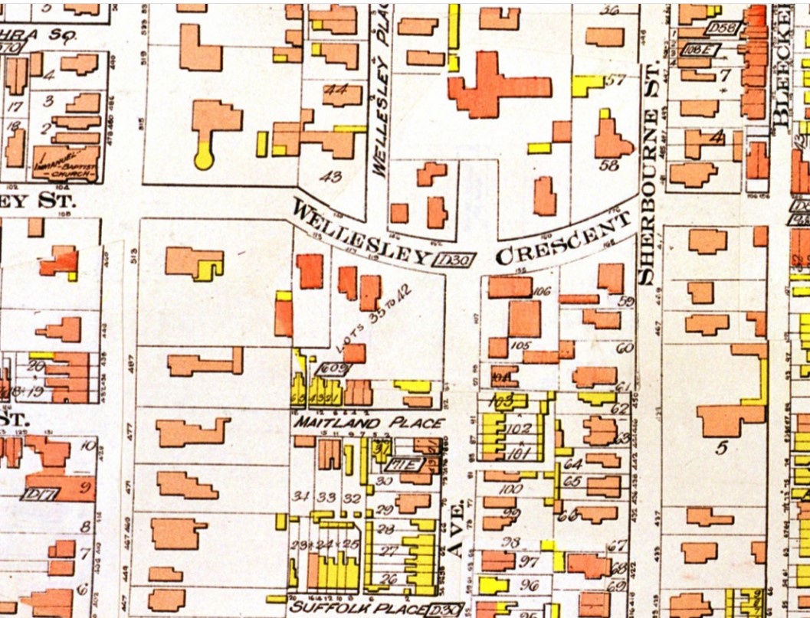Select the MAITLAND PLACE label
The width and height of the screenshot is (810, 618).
point(369,423)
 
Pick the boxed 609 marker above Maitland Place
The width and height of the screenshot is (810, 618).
point(336,369)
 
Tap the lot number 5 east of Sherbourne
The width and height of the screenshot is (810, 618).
point(720,448)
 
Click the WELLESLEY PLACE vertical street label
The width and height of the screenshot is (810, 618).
point(379,88)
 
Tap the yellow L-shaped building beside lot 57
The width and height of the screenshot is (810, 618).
point(586,84)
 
